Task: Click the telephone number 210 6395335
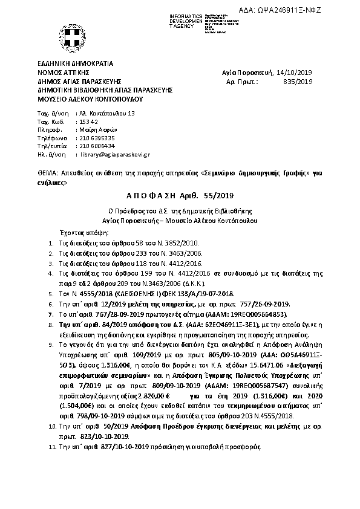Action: click(97, 138)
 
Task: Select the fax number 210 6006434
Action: click(97, 146)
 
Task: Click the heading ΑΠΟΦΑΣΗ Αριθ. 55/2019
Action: click(180, 195)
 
